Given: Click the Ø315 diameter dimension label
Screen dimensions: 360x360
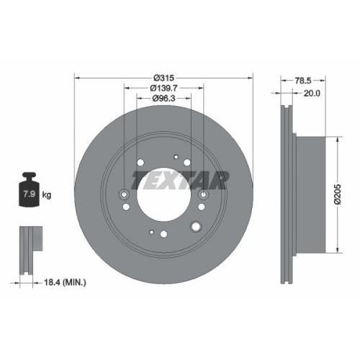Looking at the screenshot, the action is (x=163, y=78).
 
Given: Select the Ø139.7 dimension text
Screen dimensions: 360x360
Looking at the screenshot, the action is (x=163, y=89).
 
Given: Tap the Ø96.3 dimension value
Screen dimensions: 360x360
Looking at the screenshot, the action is (x=164, y=98).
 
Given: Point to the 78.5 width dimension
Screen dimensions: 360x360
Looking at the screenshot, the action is (x=303, y=81).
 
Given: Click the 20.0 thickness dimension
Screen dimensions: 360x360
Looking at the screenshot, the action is (x=312, y=93).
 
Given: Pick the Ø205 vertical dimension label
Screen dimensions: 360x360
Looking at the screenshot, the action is (x=337, y=194).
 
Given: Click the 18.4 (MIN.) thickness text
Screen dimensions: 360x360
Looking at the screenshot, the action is (x=65, y=282).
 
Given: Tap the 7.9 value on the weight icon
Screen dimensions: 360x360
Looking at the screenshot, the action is (x=29, y=194).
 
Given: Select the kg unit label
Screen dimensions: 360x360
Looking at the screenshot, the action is (x=47, y=194).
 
